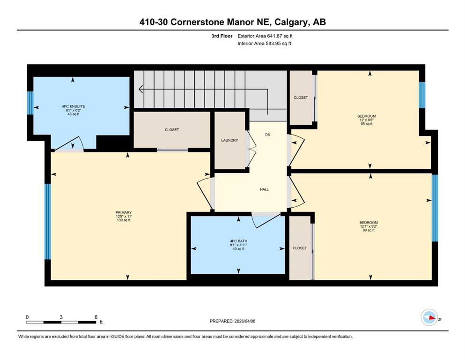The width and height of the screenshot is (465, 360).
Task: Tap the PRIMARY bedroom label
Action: (123, 212)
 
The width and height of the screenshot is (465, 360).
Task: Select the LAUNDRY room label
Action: (229, 140)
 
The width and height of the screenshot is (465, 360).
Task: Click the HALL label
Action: (264, 189)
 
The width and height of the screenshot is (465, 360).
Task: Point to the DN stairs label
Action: (268, 135)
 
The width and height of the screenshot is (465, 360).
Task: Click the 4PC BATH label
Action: (238, 241)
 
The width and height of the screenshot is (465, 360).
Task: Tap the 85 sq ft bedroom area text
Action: (367, 124)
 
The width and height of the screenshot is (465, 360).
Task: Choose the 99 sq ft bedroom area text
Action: (369, 230)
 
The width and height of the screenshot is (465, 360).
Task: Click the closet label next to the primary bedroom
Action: (172, 130)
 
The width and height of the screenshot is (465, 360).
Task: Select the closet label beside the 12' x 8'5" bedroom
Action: (301, 97)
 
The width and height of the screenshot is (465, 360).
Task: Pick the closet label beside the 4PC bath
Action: (300, 248)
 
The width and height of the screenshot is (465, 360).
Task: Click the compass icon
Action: (429, 317)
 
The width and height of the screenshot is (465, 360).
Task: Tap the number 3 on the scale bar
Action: (61, 317)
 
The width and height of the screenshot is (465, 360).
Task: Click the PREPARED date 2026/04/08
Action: (245, 321)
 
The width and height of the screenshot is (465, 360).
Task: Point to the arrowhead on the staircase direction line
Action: (141, 89)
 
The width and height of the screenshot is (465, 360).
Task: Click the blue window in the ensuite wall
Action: (30, 103)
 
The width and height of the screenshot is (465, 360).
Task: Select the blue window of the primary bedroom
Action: (47, 221)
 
